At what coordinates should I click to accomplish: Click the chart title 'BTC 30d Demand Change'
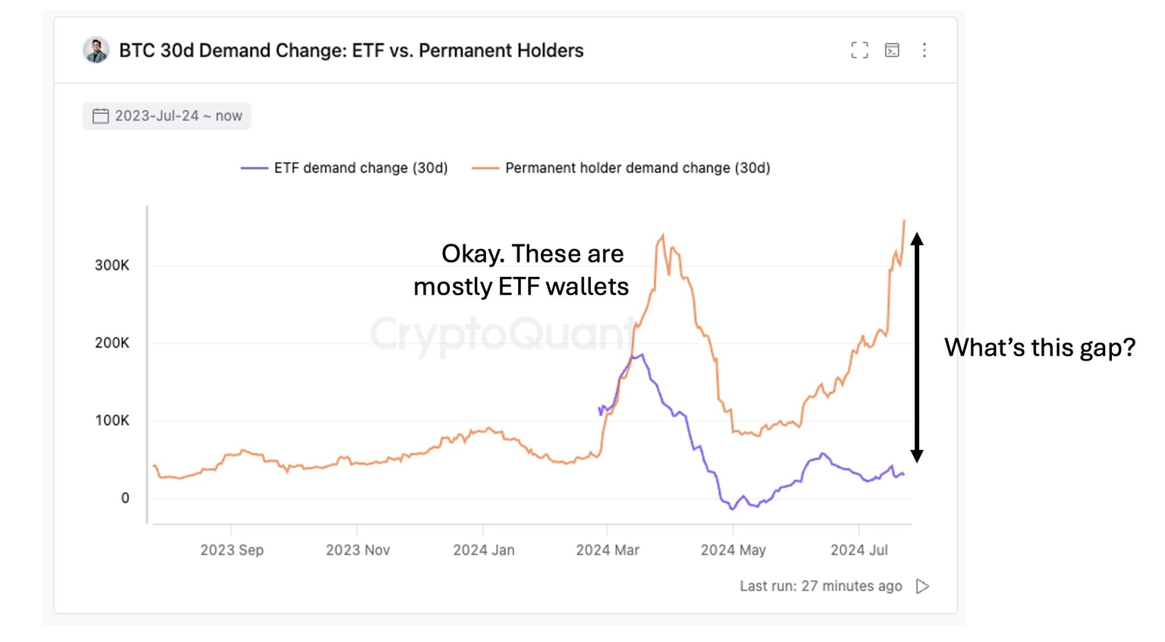tap(350, 51)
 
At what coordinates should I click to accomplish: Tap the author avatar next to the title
tap(96, 50)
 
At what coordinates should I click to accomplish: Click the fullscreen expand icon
tap(859, 50)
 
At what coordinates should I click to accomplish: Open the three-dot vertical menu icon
tap(924, 50)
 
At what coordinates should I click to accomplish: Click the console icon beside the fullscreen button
tap(892, 50)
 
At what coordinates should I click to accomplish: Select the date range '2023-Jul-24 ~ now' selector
tap(167, 116)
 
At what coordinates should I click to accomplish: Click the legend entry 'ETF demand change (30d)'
tap(344, 168)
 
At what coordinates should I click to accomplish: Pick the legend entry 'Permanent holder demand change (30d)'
tap(621, 168)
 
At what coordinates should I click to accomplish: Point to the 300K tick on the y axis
tap(111, 266)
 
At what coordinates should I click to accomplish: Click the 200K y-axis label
tap(111, 343)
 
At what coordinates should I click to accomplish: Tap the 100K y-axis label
tap(111, 420)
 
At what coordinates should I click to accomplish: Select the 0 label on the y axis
tap(125, 498)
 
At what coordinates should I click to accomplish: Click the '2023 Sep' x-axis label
tap(231, 550)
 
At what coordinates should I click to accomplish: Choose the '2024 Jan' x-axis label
tap(483, 550)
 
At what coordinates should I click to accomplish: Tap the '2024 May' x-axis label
tap(733, 550)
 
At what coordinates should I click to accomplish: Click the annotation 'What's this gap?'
tap(1039, 348)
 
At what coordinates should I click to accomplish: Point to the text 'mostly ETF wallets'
tap(521, 287)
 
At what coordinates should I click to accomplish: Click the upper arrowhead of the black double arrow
tap(917, 238)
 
